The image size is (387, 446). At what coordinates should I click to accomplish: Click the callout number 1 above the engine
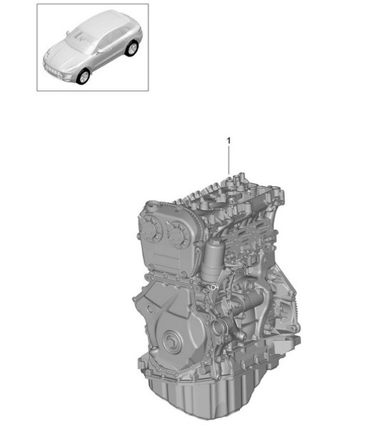(x=229, y=141)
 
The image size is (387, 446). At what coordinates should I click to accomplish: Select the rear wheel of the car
(x=131, y=49)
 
